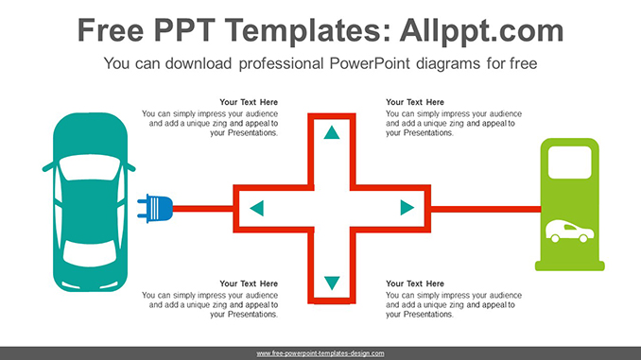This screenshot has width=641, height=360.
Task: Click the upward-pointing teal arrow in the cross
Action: point(331,132)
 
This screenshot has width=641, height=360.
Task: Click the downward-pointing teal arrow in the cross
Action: point(331,283)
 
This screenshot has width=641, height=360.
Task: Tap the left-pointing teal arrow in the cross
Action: point(256,208)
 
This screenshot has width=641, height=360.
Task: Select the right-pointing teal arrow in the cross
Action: point(407,208)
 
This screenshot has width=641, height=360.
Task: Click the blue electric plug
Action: point(157,208)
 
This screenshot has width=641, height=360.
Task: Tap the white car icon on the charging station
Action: point(570,231)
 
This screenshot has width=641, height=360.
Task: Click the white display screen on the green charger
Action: point(570,164)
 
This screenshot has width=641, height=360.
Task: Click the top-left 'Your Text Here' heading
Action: point(249,102)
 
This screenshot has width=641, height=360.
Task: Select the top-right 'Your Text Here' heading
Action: point(415,102)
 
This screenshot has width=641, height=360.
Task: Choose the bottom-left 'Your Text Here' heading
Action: point(249,283)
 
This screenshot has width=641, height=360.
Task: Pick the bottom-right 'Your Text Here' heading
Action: point(415,283)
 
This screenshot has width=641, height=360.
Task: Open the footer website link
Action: point(320,352)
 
